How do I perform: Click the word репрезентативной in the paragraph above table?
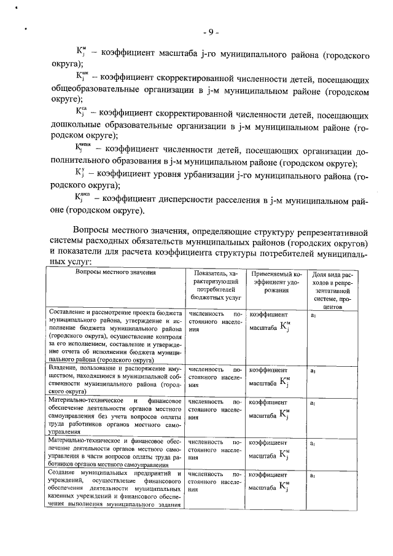pos(330,233)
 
